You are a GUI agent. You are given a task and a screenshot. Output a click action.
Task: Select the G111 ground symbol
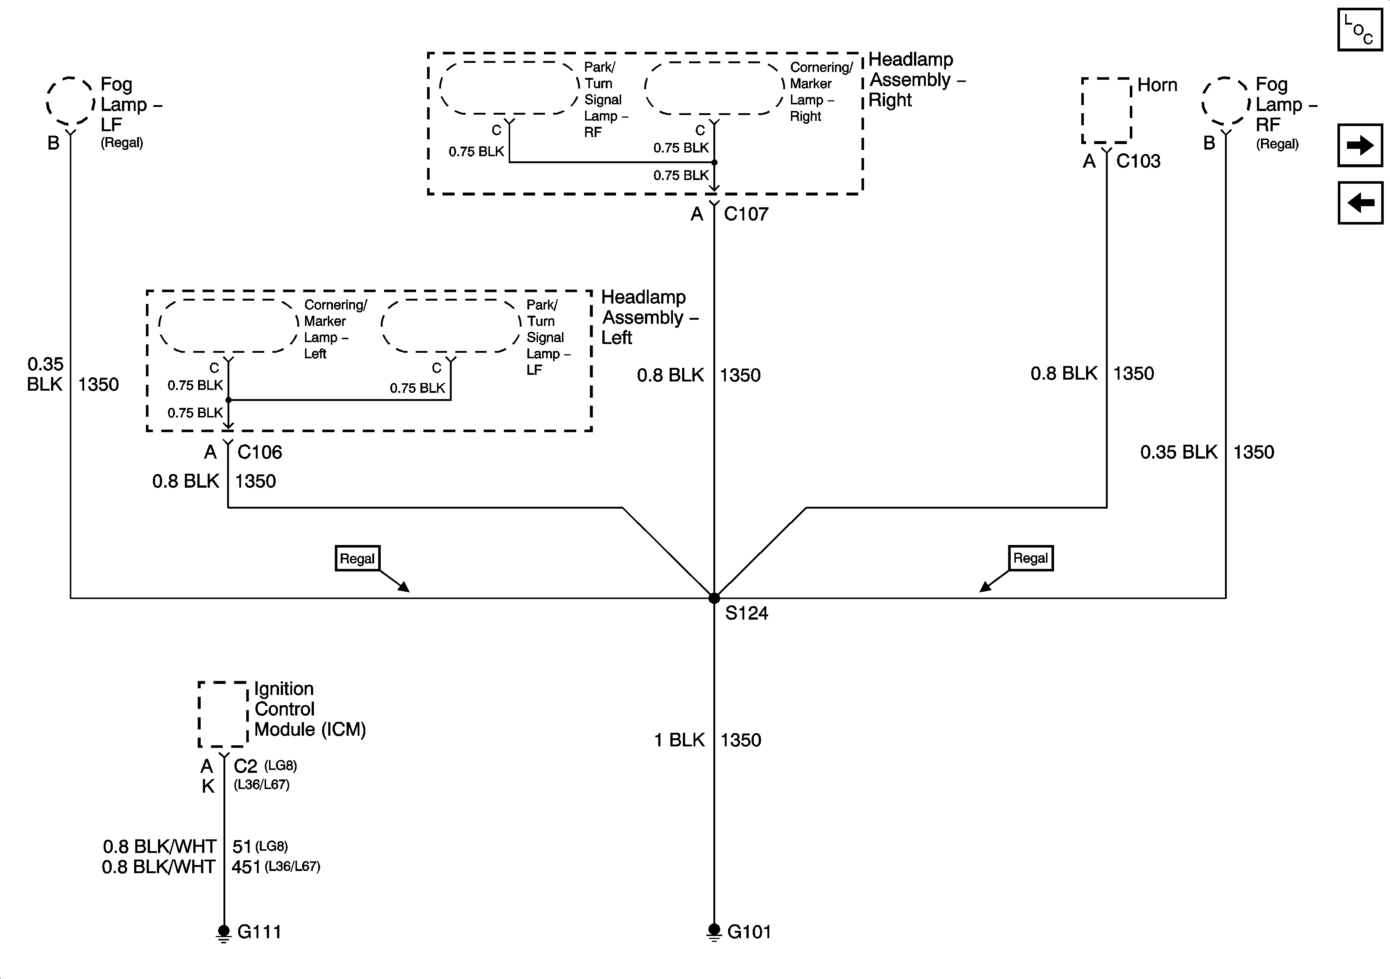pyautogui.click(x=224, y=932)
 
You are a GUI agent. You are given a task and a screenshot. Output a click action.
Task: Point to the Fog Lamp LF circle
pyautogui.click(x=70, y=101)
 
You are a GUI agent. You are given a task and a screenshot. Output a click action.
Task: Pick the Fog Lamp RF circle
pyautogui.click(x=1225, y=101)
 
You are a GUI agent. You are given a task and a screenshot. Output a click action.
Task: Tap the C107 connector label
pyautogui.click(x=746, y=214)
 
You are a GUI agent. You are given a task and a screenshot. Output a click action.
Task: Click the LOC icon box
pyautogui.click(x=1360, y=29)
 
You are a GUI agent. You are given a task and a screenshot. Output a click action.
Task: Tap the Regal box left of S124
pyautogui.click(x=357, y=558)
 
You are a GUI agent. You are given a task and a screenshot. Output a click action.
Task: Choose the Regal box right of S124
pyautogui.click(x=1031, y=557)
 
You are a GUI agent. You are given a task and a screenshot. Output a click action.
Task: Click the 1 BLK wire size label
pyautogui.click(x=679, y=740)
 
